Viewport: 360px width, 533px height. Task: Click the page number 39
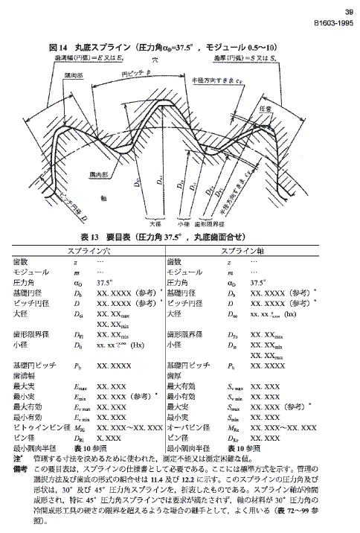[x=349, y=11]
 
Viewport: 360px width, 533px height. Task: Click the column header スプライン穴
[x=89, y=251]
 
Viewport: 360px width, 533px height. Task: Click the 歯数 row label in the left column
[x=20, y=261]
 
